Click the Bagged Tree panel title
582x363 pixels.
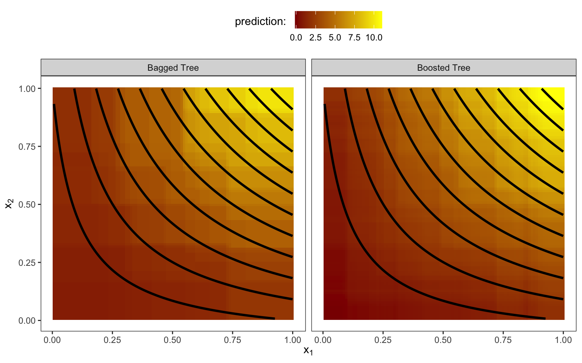click(x=173, y=68)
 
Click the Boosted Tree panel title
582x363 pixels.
click(x=443, y=68)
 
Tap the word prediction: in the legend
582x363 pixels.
click(x=260, y=22)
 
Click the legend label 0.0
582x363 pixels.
click(x=296, y=38)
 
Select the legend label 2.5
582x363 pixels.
click(x=315, y=38)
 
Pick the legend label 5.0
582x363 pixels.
click(x=335, y=38)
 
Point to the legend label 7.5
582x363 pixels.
click(x=354, y=38)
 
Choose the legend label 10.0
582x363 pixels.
click(x=374, y=38)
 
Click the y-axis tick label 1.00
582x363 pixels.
click(x=27, y=88)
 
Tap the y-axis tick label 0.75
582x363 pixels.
click(x=27, y=147)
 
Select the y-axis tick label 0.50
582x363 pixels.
click(x=27, y=205)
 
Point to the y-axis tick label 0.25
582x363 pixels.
click(x=27, y=262)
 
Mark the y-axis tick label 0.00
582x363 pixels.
click(x=27, y=321)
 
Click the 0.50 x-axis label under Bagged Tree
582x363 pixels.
click(x=172, y=340)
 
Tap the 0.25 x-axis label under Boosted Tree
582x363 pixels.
click(x=383, y=340)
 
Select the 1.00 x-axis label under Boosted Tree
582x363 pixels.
click(x=563, y=340)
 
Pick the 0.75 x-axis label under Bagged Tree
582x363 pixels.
click(x=233, y=340)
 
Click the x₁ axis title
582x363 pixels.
click(x=308, y=351)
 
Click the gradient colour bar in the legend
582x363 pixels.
click(x=338, y=20)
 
